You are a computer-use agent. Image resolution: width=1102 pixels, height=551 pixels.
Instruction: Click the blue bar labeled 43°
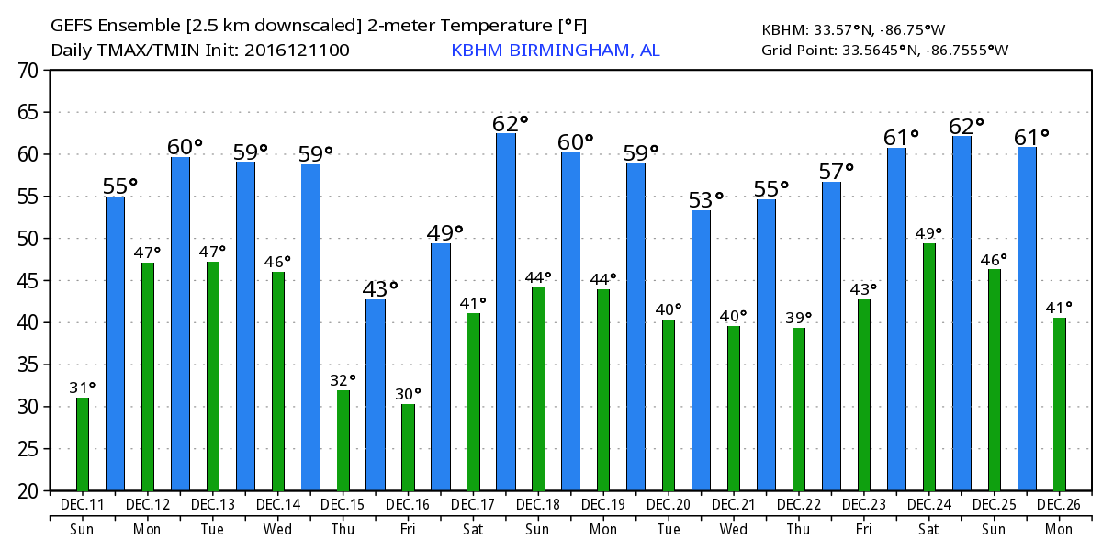(x=376, y=395)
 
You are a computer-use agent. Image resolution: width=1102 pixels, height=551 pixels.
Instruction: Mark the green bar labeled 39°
(x=799, y=409)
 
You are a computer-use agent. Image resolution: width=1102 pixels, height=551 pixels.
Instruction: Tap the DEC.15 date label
(x=343, y=505)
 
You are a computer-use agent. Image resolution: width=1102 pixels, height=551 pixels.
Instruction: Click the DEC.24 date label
(x=929, y=505)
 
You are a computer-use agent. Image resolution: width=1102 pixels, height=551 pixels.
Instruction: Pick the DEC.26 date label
(x=1060, y=505)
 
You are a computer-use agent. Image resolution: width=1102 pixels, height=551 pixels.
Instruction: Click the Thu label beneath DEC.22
(x=799, y=530)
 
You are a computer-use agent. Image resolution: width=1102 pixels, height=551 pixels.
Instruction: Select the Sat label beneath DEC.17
(x=473, y=530)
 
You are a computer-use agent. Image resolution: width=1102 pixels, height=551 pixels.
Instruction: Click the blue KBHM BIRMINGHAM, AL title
(x=555, y=50)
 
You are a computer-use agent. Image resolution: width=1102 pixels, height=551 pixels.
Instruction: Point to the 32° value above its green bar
(x=343, y=378)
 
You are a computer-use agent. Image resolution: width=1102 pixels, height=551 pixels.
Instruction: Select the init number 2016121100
(x=297, y=50)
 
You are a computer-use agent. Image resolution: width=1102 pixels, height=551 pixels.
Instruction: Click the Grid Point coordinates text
(x=884, y=50)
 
